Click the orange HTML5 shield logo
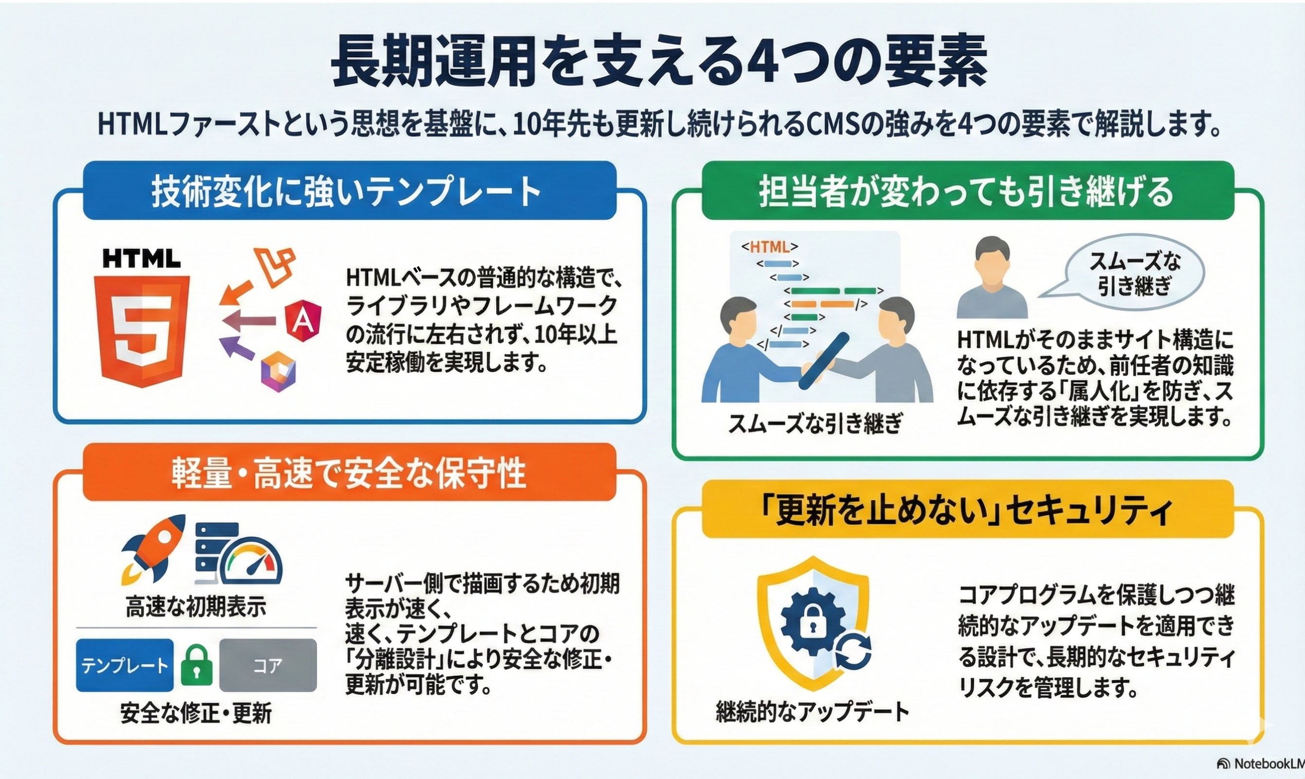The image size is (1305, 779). [x=142, y=331]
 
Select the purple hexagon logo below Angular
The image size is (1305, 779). [x=278, y=372]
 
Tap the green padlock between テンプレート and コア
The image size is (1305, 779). [x=196, y=665]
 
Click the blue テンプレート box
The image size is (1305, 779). [x=124, y=665]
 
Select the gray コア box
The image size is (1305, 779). [x=268, y=665]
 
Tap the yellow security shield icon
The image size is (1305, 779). [x=813, y=624]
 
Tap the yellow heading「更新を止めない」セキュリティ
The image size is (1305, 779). [x=968, y=509]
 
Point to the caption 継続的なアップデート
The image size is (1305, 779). [x=813, y=712]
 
